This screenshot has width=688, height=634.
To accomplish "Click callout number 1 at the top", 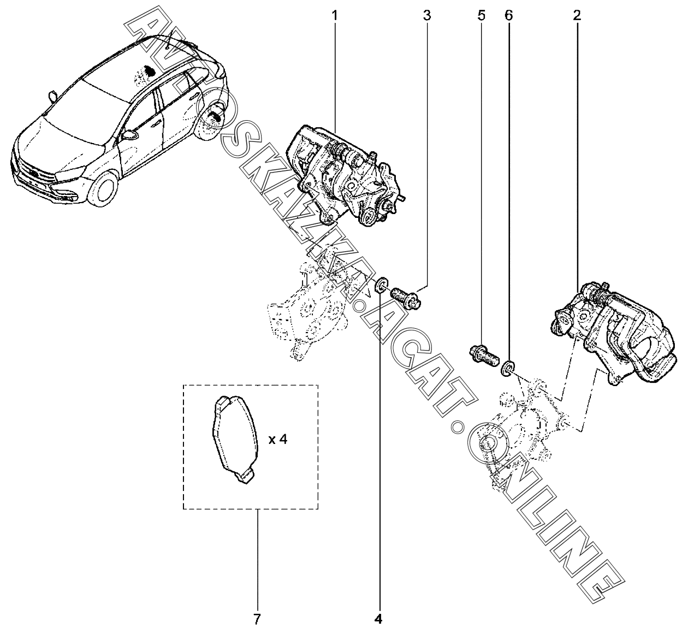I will (335, 16).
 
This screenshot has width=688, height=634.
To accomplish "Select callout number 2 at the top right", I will (577, 16).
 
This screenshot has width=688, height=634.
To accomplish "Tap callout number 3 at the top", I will (426, 16).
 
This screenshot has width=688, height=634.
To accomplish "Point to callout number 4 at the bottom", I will (378, 619).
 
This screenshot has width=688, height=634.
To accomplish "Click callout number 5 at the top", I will (481, 16).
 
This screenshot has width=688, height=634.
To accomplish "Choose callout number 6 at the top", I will (508, 16).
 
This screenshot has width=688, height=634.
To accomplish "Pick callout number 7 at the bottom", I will (257, 619).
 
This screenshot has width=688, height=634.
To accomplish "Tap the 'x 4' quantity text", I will (278, 439).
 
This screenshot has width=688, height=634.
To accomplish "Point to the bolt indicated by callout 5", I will (483, 355).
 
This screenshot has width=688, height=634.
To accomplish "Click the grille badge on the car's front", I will (33, 174).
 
